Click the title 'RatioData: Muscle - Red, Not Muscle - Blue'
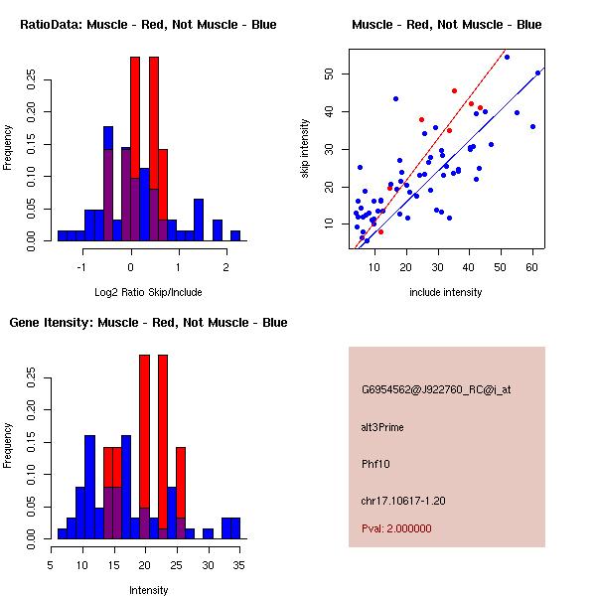click(x=148, y=24)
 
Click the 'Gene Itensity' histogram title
click(x=148, y=323)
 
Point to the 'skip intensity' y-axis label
click(x=305, y=149)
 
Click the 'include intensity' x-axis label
click(x=446, y=292)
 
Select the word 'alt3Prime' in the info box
click(x=382, y=427)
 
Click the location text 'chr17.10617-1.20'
click(x=402, y=500)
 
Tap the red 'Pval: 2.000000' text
click(x=396, y=528)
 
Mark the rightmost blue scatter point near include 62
click(x=537, y=73)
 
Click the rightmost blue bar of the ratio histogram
click(x=235, y=235)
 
